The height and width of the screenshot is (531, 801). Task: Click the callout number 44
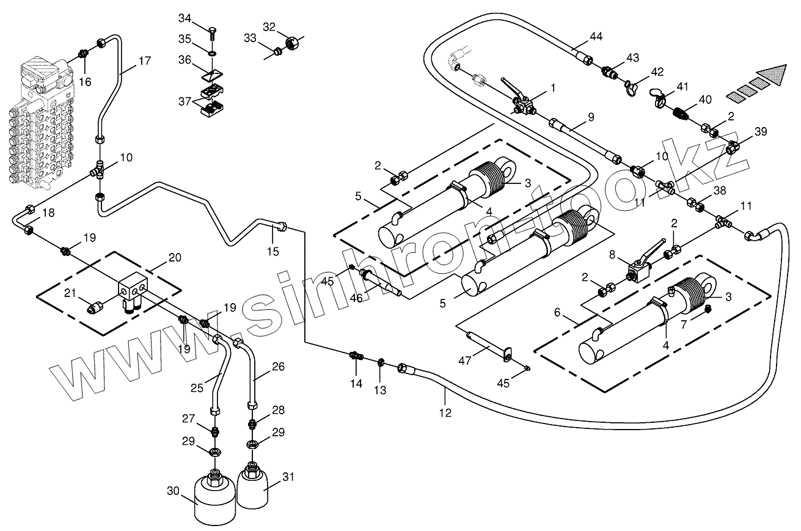(x=596, y=37)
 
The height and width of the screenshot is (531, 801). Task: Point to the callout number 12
(x=445, y=413)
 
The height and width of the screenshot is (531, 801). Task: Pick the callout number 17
(x=144, y=61)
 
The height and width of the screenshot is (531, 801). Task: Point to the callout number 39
(x=761, y=132)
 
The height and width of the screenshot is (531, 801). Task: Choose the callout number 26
(x=278, y=367)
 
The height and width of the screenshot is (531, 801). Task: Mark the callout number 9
(x=591, y=116)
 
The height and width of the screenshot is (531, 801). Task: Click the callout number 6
(x=557, y=312)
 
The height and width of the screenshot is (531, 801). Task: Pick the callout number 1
(x=553, y=88)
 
